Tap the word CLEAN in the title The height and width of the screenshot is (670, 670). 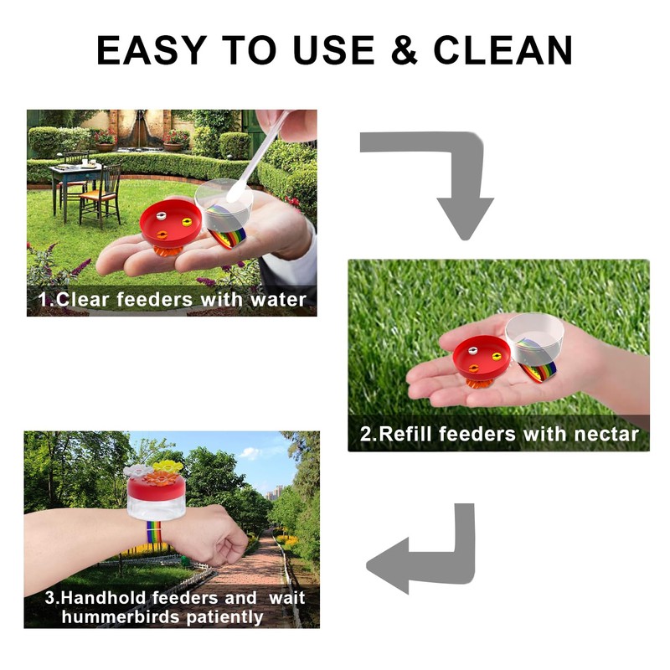502,50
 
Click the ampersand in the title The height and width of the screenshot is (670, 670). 405,50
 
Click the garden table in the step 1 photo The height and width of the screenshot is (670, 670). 75,176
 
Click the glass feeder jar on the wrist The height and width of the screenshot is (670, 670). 155,502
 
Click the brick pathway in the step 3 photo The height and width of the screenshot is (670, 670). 251,586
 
